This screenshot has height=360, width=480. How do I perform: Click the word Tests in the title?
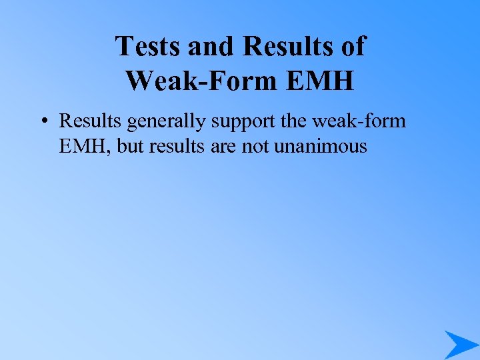click(x=149, y=47)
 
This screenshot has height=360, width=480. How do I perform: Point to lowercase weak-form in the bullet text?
click(x=369, y=121)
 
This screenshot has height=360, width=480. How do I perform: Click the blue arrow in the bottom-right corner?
click(x=460, y=344)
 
